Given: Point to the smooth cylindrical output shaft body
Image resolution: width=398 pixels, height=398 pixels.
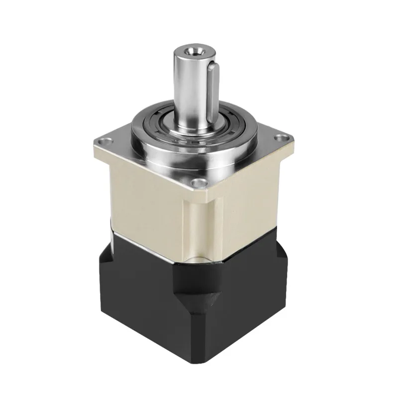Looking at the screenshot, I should tap(192, 85).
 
